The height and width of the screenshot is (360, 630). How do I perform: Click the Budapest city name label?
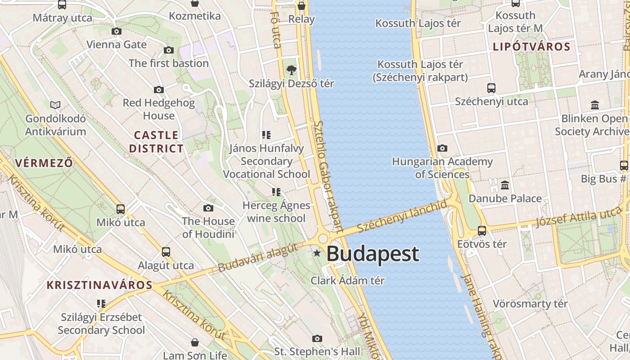[x=373, y=254]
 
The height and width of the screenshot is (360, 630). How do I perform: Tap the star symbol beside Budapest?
[x=317, y=253]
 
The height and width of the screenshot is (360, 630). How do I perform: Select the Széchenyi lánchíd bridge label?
[x=402, y=216]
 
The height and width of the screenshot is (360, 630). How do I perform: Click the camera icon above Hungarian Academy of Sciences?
[x=442, y=148]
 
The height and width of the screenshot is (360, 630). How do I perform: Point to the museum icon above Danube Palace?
[x=505, y=185]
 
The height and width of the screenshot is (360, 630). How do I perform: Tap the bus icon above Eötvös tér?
[x=482, y=231]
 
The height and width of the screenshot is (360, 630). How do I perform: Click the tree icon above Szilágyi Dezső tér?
[x=292, y=70]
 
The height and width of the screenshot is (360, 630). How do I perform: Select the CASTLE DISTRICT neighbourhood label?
[x=157, y=142]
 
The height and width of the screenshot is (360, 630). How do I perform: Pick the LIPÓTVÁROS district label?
[x=531, y=46]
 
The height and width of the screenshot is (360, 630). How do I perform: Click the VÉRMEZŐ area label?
[x=44, y=162]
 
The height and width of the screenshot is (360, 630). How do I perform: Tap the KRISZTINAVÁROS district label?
[x=100, y=285]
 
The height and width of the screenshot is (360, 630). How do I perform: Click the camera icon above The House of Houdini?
[x=208, y=208]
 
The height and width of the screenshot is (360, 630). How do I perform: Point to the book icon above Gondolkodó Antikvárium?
[x=55, y=105]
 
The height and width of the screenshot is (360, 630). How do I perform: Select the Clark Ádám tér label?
[x=347, y=280]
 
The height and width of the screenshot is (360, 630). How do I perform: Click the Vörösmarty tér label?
[x=530, y=304]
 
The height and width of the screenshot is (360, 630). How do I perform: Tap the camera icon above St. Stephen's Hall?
[x=317, y=338]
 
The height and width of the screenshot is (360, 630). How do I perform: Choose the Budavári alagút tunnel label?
[x=258, y=257]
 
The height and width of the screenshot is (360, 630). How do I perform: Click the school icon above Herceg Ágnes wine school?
[x=276, y=192]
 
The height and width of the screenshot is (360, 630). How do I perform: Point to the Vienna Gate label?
[x=117, y=45]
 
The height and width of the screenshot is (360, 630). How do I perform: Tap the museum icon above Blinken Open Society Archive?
[x=595, y=105]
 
